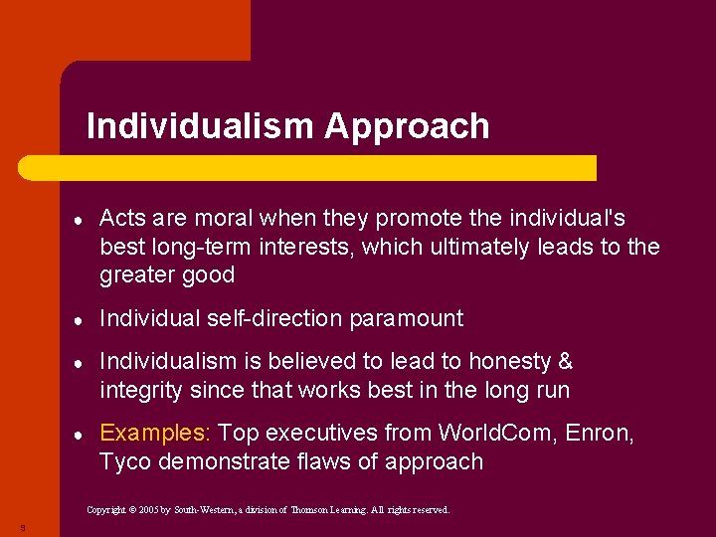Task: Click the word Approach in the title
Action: (407, 126)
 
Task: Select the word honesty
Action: (516, 362)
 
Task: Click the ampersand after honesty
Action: (565, 362)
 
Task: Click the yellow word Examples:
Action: (155, 434)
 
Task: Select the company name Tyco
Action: (122, 461)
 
